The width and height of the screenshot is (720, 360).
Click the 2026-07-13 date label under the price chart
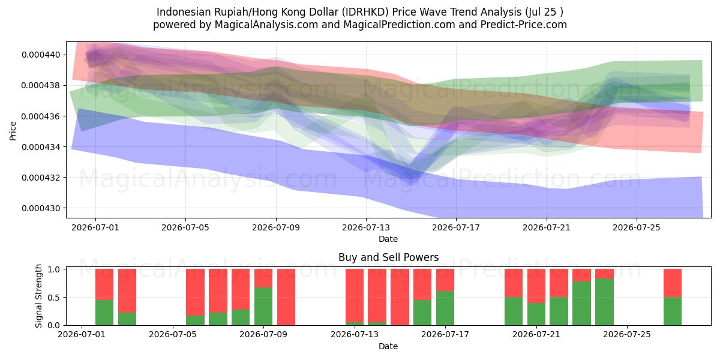(x=366, y=227)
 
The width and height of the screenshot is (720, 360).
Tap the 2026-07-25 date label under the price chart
(x=637, y=227)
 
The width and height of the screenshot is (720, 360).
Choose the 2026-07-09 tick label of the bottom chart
(x=263, y=334)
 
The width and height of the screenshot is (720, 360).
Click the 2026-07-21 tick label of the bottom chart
(x=536, y=334)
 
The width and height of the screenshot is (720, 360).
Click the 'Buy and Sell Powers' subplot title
(x=389, y=257)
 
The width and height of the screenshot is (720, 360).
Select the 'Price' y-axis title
(x=13, y=131)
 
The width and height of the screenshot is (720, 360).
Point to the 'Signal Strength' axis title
(x=38, y=296)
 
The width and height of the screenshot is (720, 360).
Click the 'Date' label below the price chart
(x=388, y=239)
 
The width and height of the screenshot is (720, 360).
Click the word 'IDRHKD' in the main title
(x=365, y=12)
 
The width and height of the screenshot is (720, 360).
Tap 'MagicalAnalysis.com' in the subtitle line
(x=266, y=25)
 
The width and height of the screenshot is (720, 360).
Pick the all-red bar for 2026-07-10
(x=286, y=297)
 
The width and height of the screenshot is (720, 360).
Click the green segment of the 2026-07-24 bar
(x=604, y=302)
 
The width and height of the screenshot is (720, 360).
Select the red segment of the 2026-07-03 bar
(x=127, y=290)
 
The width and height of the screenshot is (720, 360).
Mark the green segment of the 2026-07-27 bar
(x=673, y=311)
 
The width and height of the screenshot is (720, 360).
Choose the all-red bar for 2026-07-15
(x=400, y=297)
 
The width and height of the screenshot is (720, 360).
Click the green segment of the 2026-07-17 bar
(x=445, y=308)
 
